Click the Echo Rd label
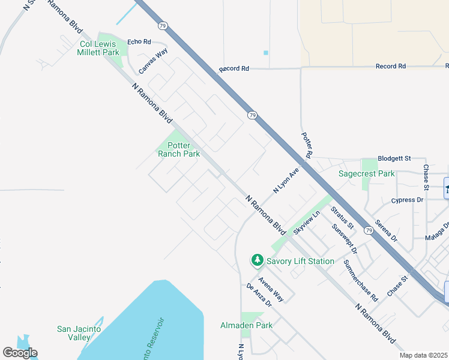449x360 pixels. coord(139,41)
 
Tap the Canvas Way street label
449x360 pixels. coord(153,62)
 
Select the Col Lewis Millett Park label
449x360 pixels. coord(100,48)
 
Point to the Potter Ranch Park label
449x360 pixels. coord(179,149)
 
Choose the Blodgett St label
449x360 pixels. coord(394,158)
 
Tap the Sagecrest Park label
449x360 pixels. coord(367,173)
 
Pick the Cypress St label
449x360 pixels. coord(408,200)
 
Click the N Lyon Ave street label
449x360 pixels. coord(286,180)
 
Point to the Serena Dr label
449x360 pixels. coord(386,230)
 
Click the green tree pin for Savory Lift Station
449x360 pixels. coord(258,260)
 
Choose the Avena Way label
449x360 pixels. coord(270,289)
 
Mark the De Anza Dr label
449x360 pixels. coord(259,295)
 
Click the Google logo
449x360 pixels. coord(20,353)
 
